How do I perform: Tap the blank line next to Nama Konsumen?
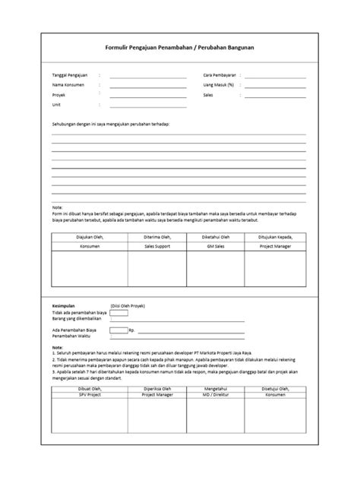tap(148, 87)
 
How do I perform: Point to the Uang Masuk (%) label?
tap(218, 86)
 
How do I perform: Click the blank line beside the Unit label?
tap(148, 107)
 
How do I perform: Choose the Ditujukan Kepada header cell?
tap(276, 237)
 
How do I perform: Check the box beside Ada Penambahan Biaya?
tap(118, 330)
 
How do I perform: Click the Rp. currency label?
tap(131, 331)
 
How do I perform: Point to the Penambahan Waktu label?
tap(72, 337)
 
